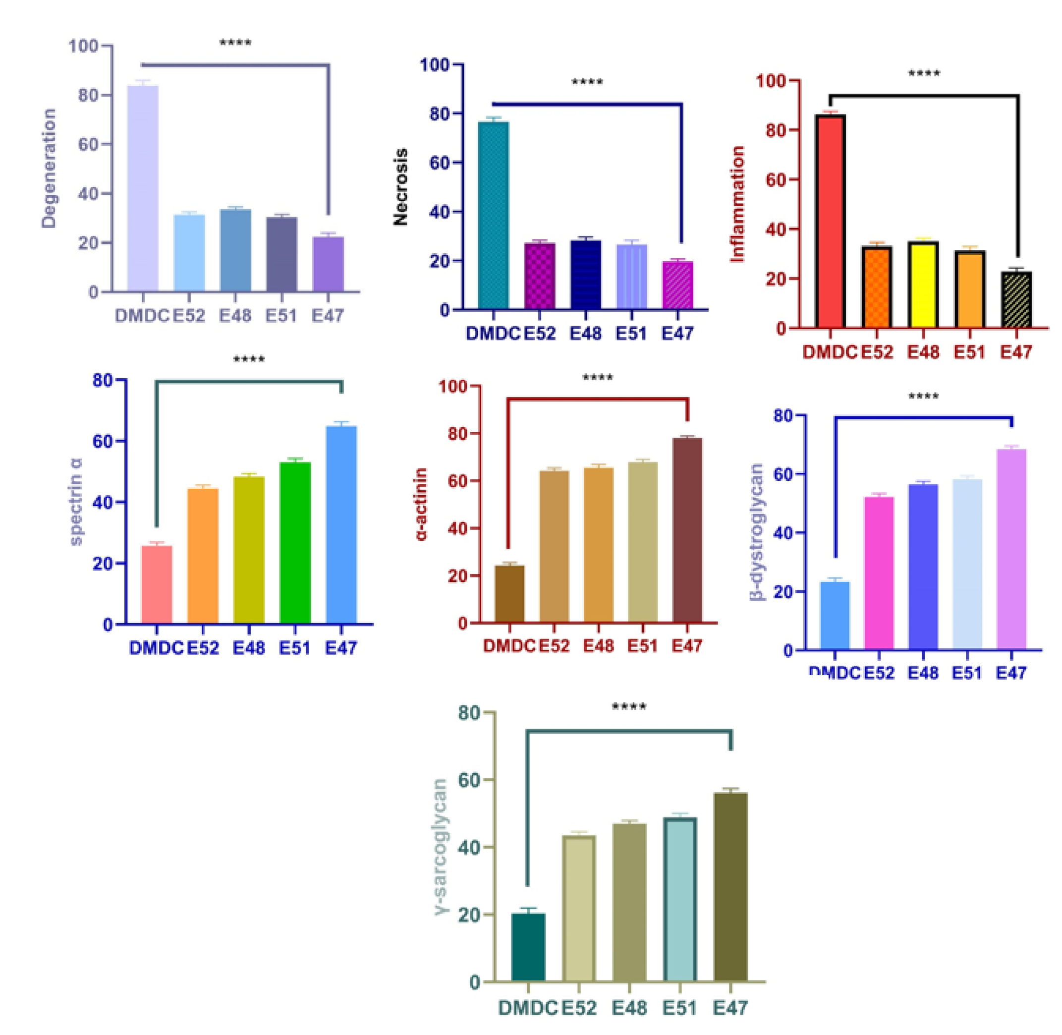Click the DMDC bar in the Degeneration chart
click(x=142, y=188)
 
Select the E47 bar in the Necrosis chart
click(x=677, y=286)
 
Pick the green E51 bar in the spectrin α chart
click(x=295, y=542)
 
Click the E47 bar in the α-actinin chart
click(x=687, y=530)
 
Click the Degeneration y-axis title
click(x=49, y=168)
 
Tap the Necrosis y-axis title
click(x=400, y=186)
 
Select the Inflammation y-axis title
click(x=737, y=204)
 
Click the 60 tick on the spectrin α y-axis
click(x=103, y=441)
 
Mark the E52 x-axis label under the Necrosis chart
click(x=540, y=333)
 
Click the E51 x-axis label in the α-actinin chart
click(x=642, y=646)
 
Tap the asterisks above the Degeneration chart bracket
click(x=235, y=44)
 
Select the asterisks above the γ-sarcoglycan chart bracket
click(x=629, y=708)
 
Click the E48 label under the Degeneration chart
click(x=235, y=315)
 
